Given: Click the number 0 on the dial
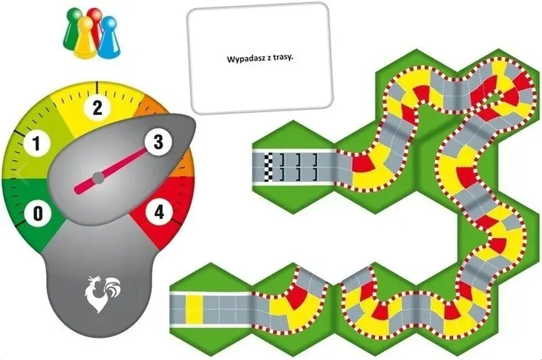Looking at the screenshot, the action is pos(38,213).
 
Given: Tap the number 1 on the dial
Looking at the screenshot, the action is pos(36,143).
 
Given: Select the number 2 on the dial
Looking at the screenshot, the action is pos(98,108).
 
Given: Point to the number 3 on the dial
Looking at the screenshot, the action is pos(158,141).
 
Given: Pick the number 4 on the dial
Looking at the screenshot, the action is pos(159,212).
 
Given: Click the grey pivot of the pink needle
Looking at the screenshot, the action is pos(99,177).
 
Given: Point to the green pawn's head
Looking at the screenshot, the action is pos(74,16).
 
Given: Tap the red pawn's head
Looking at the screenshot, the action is pos(94,15).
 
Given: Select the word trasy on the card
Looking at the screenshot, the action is pos(283,57).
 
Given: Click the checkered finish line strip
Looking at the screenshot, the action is pos(268,168).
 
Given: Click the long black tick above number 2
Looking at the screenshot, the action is pos(97,87).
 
